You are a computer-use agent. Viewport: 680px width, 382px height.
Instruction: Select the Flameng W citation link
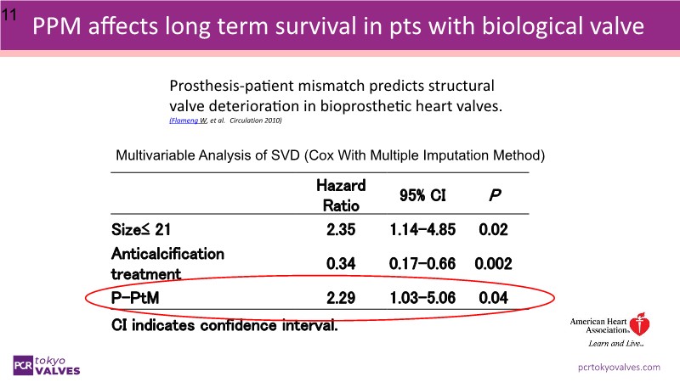click(185, 121)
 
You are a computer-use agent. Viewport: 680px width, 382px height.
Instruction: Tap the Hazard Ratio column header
click(340, 194)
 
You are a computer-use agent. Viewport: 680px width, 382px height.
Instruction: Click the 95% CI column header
click(417, 194)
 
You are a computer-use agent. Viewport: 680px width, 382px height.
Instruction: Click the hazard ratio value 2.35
click(340, 228)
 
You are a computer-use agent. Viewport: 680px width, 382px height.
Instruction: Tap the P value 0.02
click(492, 228)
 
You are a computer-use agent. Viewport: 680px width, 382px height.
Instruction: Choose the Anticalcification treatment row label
click(167, 263)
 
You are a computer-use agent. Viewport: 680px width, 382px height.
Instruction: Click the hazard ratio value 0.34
click(340, 264)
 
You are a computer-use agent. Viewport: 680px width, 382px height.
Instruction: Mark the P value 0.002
click(493, 264)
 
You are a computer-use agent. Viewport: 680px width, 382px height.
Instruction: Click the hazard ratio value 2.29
click(340, 299)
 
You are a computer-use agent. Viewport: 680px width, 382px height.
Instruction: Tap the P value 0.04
click(492, 299)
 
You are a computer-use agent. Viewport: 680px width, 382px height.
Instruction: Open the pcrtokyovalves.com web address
click(619, 367)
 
